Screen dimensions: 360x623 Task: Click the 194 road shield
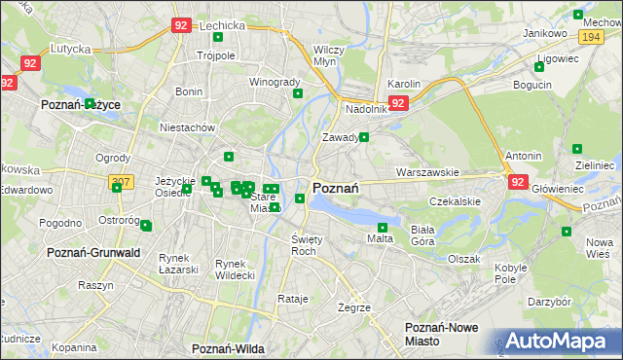click(590, 36)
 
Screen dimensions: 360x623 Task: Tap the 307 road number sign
click(121, 182)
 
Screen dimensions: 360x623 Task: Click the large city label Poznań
click(337, 188)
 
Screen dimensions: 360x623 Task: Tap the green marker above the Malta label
click(383, 227)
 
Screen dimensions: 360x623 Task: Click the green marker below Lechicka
click(217, 38)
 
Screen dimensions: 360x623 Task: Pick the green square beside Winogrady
click(298, 93)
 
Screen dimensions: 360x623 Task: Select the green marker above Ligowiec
click(539, 67)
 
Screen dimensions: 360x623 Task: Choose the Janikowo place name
click(545, 33)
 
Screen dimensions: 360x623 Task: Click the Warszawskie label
click(427, 172)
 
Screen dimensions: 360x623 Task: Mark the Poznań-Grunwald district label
click(93, 253)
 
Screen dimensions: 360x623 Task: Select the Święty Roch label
click(305, 244)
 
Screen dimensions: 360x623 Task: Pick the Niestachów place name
click(187, 127)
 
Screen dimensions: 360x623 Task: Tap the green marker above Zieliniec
click(577, 149)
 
